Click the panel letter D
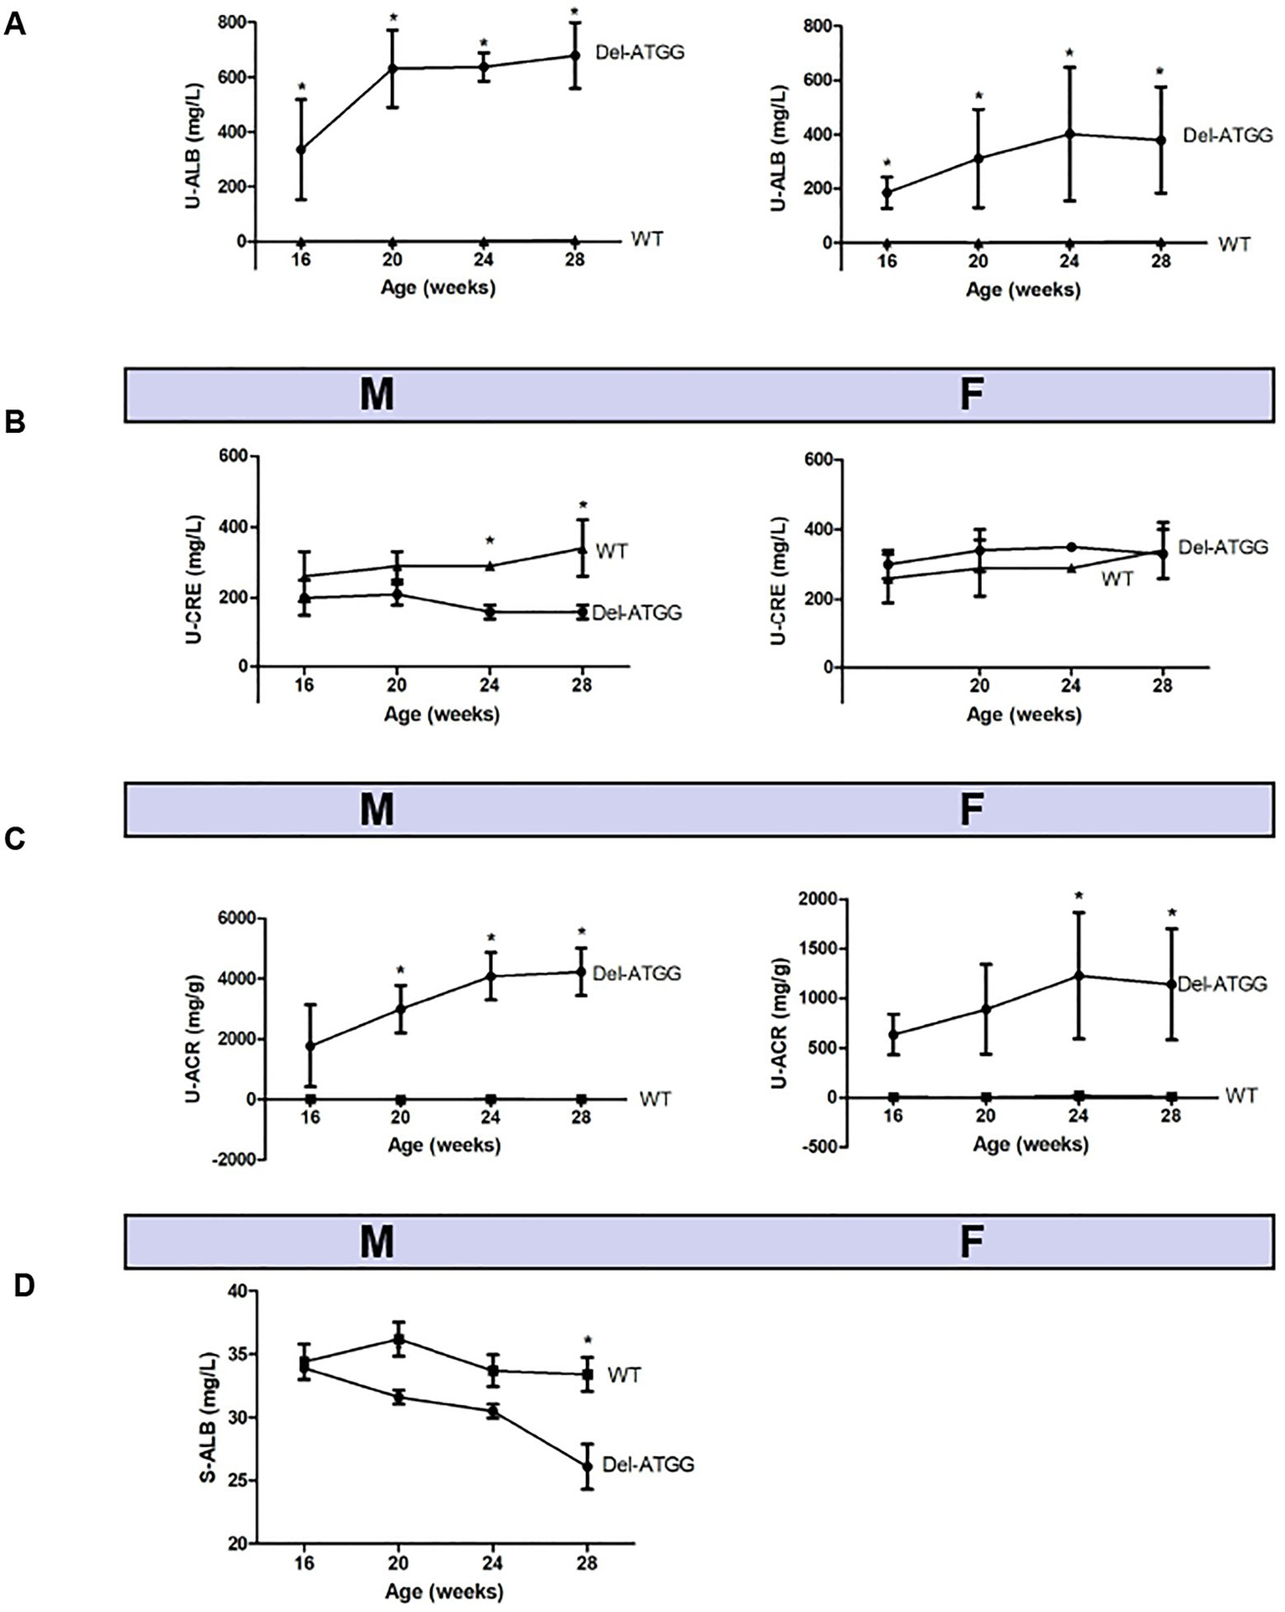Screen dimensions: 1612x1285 (x=24, y=1285)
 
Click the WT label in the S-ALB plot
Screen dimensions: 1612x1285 (x=624, y=1374)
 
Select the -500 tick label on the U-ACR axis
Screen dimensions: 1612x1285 (x=819, y=1146)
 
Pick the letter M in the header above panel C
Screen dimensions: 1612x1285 (x=377, y=810)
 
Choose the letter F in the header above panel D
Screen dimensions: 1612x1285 (x=970, y=1242)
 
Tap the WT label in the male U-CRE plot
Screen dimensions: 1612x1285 (x=612, y=551)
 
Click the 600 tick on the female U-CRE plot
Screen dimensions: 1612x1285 (x=818, y=460)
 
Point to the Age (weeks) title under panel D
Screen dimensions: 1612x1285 (x=444, y=1590)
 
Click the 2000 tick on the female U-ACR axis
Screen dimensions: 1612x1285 (x=818, y=899)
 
